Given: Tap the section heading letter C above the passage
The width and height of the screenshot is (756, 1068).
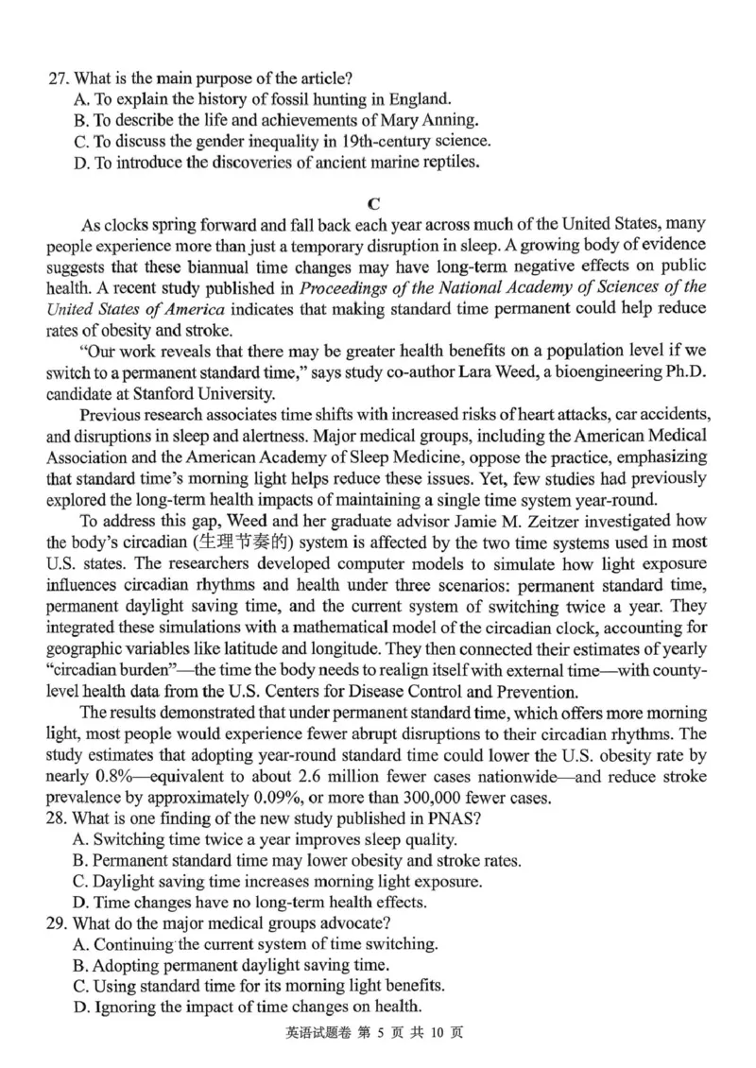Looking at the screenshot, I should coord(377,202).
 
